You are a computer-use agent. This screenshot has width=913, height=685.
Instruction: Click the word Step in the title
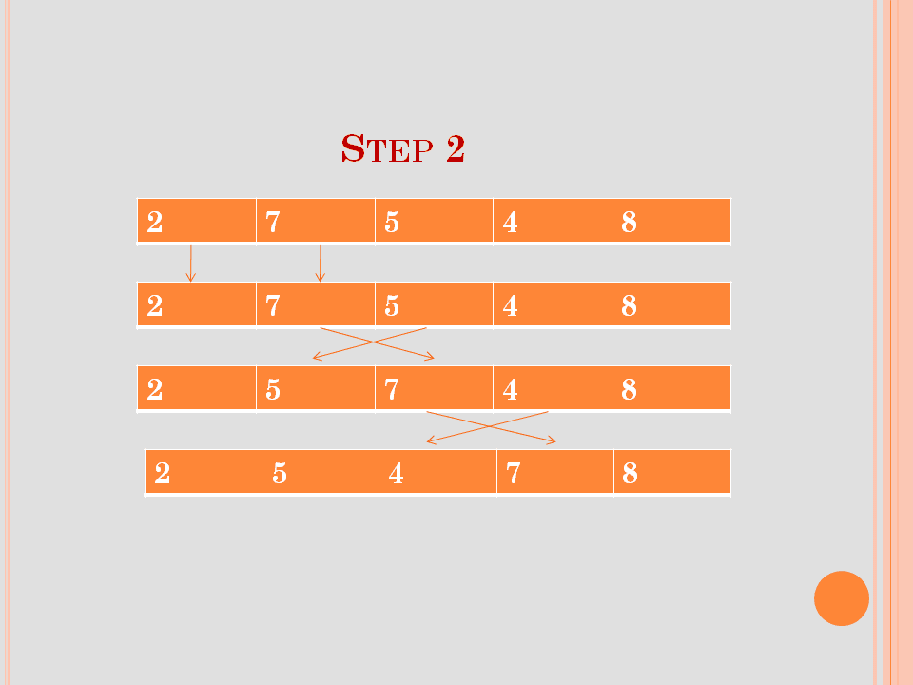tap(387, 148)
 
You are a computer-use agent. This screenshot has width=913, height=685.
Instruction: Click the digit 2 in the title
tap(456, 148)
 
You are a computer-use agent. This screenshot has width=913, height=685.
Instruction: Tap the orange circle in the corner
tap(842, 598)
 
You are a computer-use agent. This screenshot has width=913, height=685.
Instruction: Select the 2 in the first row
tap(155, 222)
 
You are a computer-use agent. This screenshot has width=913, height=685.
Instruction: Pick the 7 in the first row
tap(273, 222)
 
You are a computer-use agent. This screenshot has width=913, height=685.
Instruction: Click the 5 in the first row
tap(392, 222)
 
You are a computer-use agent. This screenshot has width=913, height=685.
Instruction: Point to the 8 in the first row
tap(629, 222)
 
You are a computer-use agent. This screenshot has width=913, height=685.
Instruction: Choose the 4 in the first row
tap(510, 222)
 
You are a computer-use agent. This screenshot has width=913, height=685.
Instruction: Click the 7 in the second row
tap(273, 305)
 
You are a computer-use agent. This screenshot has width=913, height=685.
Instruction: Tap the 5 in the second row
tap(392, 305)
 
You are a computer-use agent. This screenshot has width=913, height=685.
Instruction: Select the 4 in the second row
tap(510, 305)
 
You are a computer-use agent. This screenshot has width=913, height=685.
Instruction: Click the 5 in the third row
tap(273, 390)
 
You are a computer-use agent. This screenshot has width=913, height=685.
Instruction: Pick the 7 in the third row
tap(392, 390)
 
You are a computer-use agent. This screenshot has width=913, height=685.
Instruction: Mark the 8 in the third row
tap(629, 390)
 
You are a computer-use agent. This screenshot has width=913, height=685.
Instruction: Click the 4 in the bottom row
tap(396, 474)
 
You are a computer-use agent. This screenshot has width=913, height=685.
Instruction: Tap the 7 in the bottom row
tap(514, 474)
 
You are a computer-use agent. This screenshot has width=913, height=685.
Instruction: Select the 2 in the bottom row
tap(163, 474)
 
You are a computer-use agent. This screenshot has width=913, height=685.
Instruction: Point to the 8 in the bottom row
tap(630, 474)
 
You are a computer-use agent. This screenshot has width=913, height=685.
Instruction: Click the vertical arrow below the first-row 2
tap(190, 264)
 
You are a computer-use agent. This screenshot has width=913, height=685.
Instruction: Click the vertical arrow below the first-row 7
tap(320, 264)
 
